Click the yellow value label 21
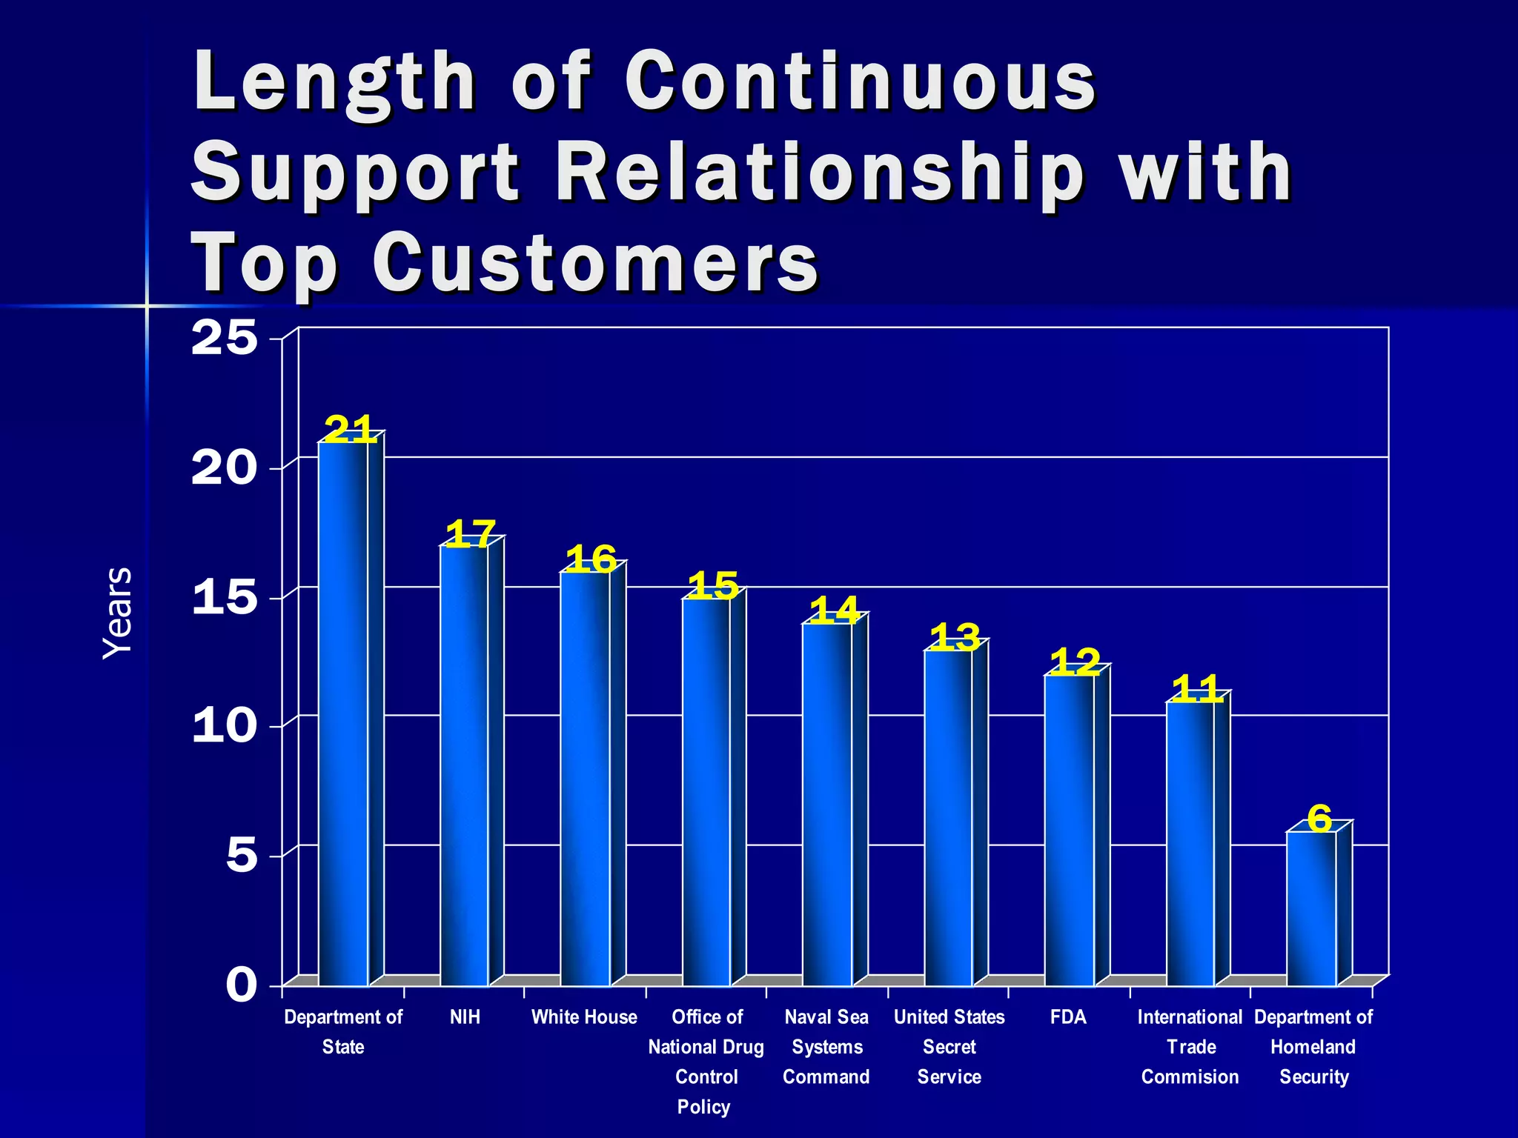click(349, 429)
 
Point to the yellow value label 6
click(1319, 819)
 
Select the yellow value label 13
click(955, 637)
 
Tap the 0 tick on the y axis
click(242, 985)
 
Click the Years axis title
click(117, 613)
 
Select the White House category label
click(584, 1017)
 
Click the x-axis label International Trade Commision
click(1190, 1047)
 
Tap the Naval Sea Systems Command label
click(826, 1047)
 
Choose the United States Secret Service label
click(949, 1047)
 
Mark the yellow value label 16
click(591, 559)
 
